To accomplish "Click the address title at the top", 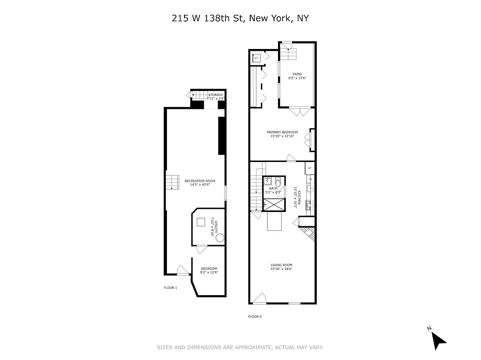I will click(x=241, y=18).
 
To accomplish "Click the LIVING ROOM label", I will click(x=282, y=267).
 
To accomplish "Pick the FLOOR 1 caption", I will click(x=170, y=288).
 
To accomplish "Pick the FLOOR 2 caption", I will click(x=255, y=316).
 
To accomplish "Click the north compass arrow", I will click(x=438, y=339).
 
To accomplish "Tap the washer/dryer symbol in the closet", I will click(x=256, y=58).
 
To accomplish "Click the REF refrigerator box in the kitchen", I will click(x=309, y=168).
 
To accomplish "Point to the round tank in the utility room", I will click(x=220, y=238).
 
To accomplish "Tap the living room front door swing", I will click(x=260, y=298).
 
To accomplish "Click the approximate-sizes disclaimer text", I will click(x=240, y=347).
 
